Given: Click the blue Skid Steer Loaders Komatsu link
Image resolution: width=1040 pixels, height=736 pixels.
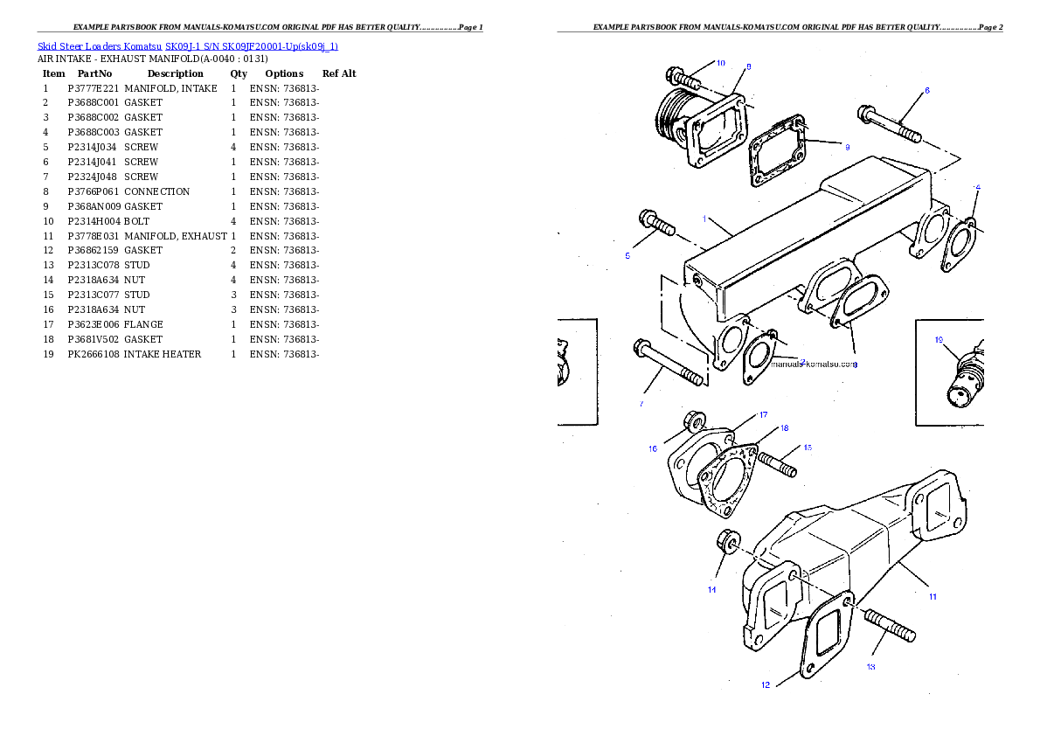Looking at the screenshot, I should pos(187,45).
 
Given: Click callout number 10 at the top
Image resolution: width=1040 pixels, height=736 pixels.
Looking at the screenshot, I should pos(720,63).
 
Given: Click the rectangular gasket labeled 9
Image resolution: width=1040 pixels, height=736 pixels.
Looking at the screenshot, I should pos(780,156).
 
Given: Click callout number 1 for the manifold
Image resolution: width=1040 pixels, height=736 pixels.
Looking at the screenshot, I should pos(704,219).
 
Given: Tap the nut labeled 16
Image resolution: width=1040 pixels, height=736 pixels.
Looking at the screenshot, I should pos(693,421).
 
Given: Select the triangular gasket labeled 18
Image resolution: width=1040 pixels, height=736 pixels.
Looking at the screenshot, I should pos(727,480).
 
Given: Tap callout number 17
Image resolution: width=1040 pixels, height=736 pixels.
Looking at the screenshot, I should pos(762,414).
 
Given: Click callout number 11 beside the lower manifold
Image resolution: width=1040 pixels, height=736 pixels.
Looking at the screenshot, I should pos(933,596).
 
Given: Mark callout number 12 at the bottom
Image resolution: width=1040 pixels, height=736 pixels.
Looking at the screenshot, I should pos(766,684).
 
